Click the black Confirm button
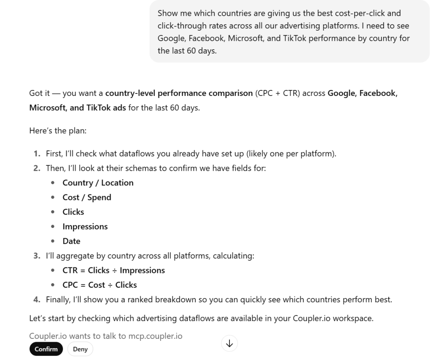(46, 349)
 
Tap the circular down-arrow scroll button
(229, 343)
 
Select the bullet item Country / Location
(98, 183)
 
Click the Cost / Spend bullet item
(87, 197)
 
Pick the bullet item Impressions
(85, 227)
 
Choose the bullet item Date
(71, 241)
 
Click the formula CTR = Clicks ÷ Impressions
(113, 270)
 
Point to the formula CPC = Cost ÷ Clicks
(99, 285)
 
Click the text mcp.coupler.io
(155, 336)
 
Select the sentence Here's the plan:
(58, 131)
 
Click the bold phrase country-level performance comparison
(179, 93)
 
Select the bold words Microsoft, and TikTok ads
(77, 107)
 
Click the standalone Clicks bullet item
(73, 212)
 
